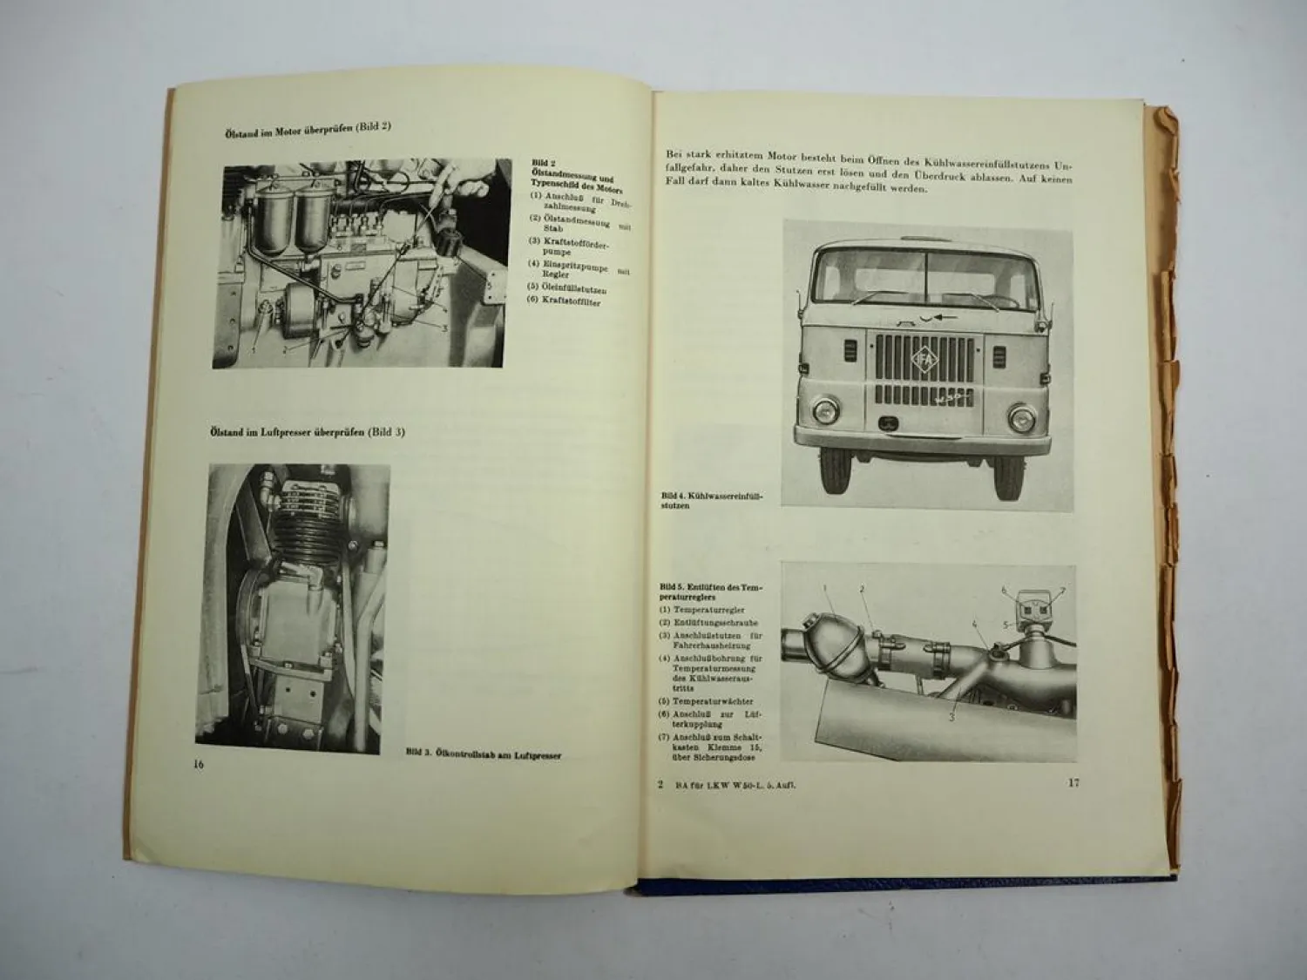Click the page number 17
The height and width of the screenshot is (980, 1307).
[x=1073, y=782]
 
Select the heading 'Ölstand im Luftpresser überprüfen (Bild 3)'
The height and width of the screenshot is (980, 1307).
[x=306, y=432]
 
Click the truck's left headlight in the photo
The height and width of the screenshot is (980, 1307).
[x=822, y=409]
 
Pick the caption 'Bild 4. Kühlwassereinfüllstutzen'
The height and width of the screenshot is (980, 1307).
[x=712, y=500]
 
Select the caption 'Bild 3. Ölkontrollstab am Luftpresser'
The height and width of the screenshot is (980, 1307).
[x=484, y=755]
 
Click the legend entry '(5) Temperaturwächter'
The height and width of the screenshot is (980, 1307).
[x=707, y=700]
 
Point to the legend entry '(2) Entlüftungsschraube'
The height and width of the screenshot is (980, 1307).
[x=709, y=623]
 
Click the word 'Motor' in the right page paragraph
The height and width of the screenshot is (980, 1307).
[x=769, y=153]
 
